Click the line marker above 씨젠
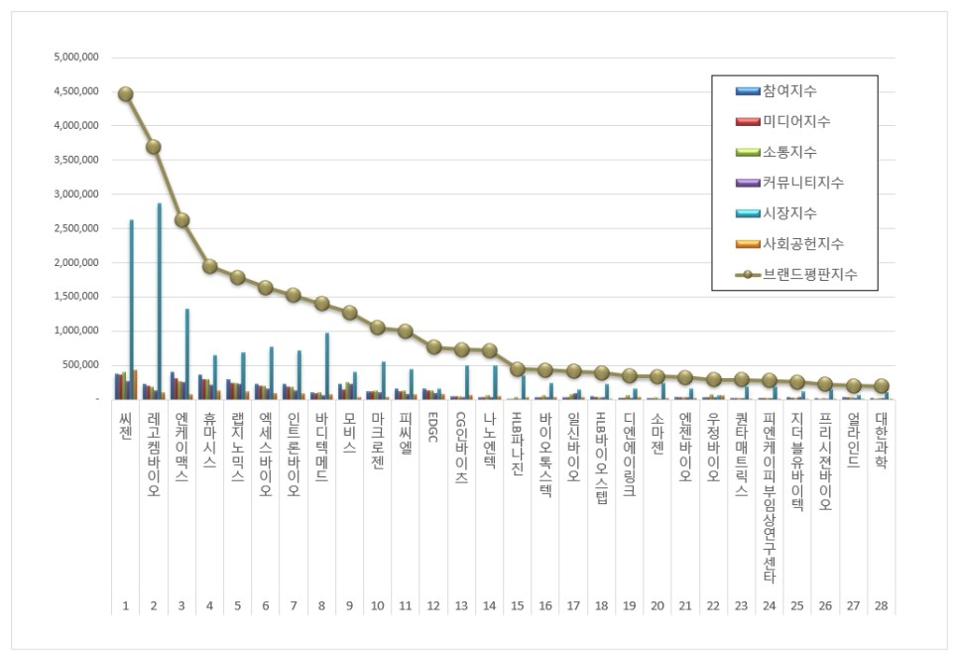click(x=125, y=94)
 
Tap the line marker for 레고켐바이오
click(x=153, y=147)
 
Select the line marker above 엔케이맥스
click(x=181, y=220)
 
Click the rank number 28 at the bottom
click(x=881, y=604)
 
